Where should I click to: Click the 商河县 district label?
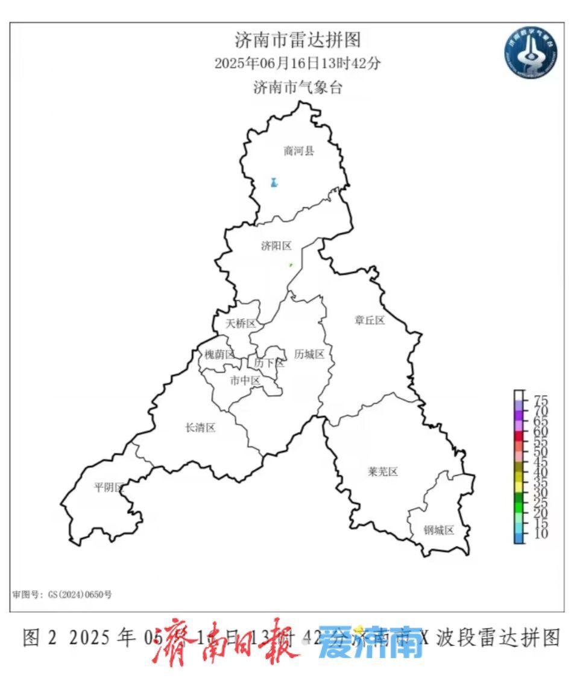point(299,151)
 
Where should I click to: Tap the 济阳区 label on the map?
point(276,246)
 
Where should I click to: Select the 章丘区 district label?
point(370,321)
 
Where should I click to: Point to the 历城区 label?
point(309,354)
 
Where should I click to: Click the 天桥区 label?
point(241,324)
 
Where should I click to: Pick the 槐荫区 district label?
point(219,354)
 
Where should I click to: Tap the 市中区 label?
point(245,381)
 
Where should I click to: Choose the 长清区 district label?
point(200,428)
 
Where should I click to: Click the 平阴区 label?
point(109,487)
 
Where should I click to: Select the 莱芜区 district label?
point(383,472)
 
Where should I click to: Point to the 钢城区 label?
point(438,531)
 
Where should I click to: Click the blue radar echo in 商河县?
point(274,182)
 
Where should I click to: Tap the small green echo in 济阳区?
point(291,264)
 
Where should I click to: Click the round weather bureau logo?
point(531,53)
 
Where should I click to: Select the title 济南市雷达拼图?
point(297,40)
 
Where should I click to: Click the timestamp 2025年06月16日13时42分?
point(297,63)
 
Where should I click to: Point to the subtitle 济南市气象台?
point(297,88)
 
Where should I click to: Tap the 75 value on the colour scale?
point(540,400)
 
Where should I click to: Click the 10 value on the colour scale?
point(540,534)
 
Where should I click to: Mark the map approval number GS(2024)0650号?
point(62,594)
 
